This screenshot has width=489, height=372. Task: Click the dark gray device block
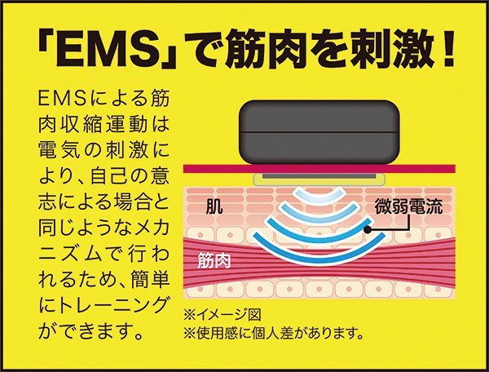click(x=319, y=132)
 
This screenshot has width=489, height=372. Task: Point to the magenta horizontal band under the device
click(x=319, y=169)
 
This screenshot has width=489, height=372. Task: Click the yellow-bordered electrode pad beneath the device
click(x=319, y=179)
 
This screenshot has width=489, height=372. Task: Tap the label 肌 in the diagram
click(x=214, y=206)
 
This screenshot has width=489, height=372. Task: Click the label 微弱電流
click(x=408, y=206)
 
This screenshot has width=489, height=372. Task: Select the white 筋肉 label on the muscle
click(x=214, y=261)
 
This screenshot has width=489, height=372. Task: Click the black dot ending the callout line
click(x=368, y=230)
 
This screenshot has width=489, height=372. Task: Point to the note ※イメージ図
click(x=222, y=315)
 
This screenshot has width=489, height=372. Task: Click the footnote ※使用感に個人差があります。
click(x=274, y=334)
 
